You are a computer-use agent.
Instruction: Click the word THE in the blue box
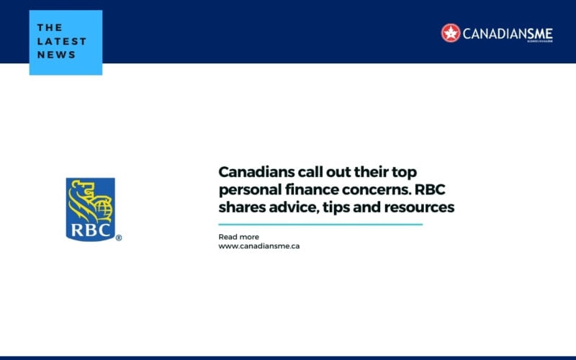pyautogui.click(x=50, y=27)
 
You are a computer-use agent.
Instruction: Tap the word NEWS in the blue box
pyautogui.click(x=57, y=55)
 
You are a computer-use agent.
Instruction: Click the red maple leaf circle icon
pyautogui.click(x=451, y=32)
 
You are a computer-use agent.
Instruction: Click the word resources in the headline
pyautogui.click(x=420, y=208)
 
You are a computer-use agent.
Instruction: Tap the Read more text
pyautogui.click(x=238, y=237)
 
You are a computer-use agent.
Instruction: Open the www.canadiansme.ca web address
pyautogui.click(x=258, y=246)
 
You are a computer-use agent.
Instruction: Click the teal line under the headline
pyautogui.click(x=320, y=225)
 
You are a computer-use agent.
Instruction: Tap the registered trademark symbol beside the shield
pyautogui.click(x=119, y=238)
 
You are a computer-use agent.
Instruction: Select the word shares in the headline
pyautogui.click(x=240, y=208)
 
